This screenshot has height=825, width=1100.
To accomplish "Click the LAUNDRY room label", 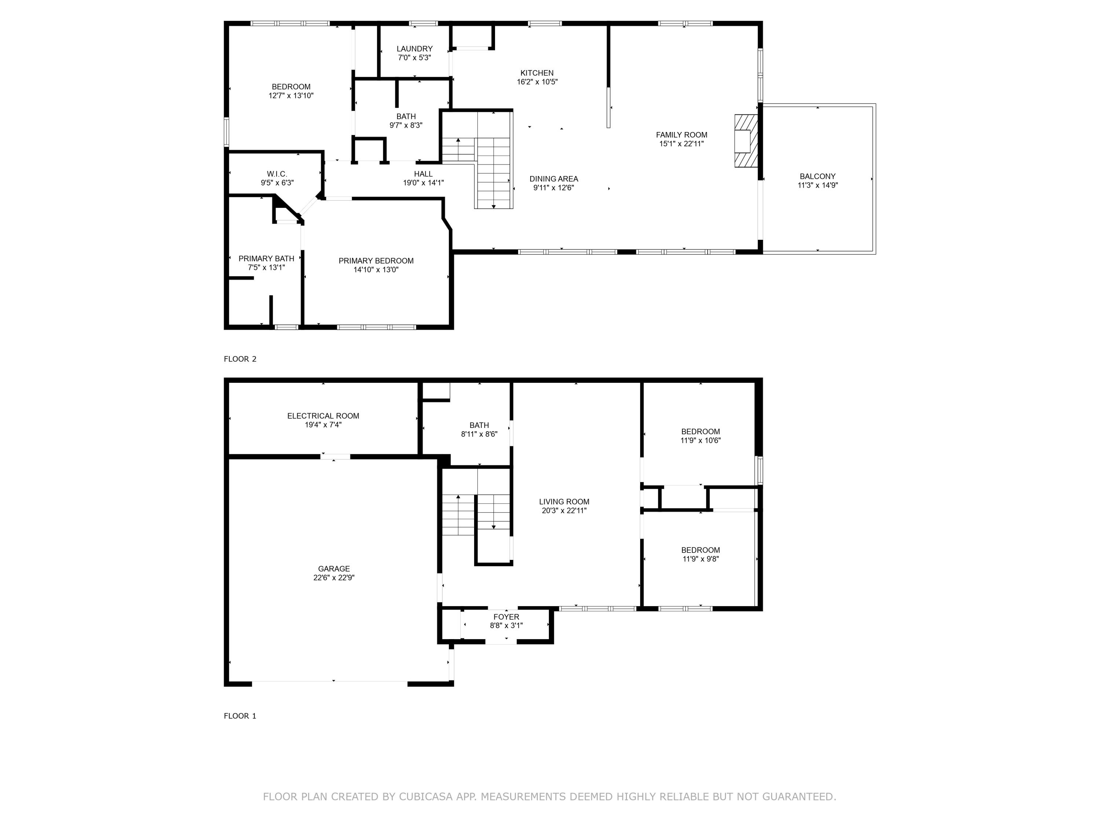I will (x=414, y=49).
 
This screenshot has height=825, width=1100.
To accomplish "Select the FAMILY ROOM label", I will (x=681, y=135).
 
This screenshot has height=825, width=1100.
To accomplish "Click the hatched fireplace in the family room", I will (x=745, y=141).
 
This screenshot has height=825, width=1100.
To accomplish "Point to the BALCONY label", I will (x=818, y=176).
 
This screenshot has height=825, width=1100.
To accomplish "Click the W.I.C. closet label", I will (x=277, y=174).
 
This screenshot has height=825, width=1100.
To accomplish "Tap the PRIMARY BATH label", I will (x=266, y=258).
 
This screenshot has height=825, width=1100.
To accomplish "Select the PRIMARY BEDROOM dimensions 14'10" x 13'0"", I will (x=376, y=270).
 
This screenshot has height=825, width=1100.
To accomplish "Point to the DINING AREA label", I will (x=553, y=179).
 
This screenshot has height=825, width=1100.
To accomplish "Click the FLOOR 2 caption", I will (x=240, y=359).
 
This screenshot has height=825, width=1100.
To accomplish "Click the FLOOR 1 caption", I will (x=240, y=716).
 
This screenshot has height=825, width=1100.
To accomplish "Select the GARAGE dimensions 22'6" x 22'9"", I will (x=334, y=578).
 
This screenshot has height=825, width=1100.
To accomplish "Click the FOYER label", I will (x=506, y=617).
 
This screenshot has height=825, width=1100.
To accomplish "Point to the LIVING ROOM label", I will (x=564, y=502).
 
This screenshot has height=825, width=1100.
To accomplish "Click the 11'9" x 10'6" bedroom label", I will (x=700, y=432).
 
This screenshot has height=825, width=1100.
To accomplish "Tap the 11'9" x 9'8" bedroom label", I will (x=700, y=550).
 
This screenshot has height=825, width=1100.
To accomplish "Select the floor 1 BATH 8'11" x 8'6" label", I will (x=479, y=425).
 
